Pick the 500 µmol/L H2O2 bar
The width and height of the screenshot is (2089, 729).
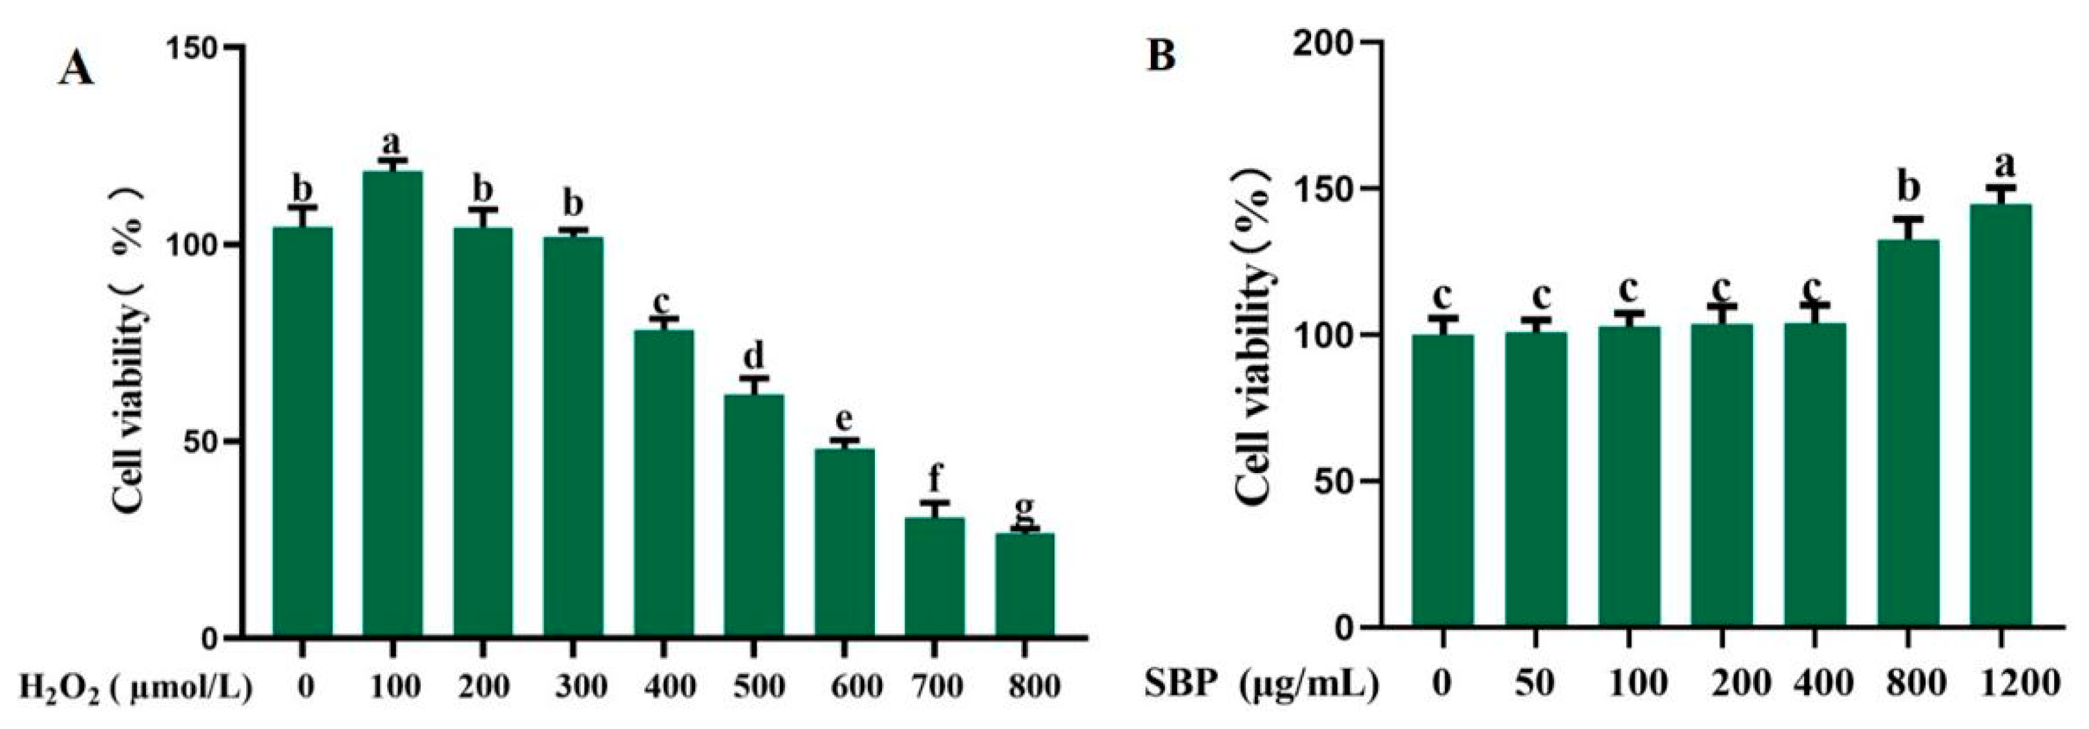tap(754, 515)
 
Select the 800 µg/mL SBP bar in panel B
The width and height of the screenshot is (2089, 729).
tap(1907, 434)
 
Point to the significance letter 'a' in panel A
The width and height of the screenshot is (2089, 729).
tap(392, 143)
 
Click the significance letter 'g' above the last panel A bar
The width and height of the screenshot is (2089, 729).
tap(1024, 509)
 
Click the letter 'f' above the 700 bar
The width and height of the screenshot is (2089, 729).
tap(934, 478)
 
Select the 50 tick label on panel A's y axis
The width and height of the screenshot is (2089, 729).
tap(200, 442)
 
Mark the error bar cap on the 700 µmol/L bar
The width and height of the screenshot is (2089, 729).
tap(934, 503)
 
